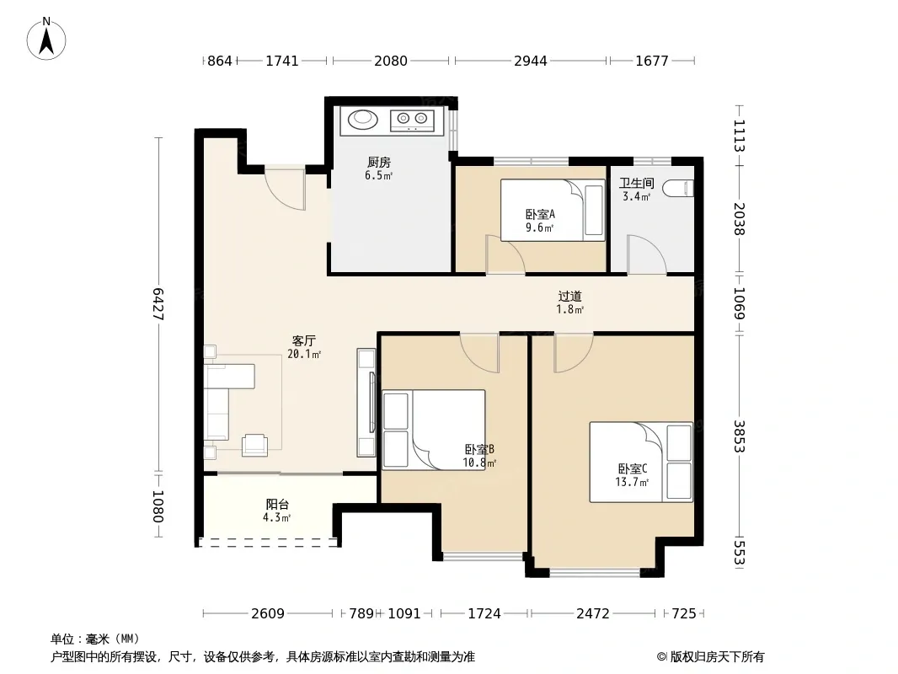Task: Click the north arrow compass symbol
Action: click(x=46, y=39)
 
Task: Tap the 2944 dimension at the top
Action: click(x=531, y=61)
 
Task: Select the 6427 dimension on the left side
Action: click(x=158, y=304)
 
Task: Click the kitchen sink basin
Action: click(x=363, y=119)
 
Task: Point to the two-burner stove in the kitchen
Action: click(x=412, y=120)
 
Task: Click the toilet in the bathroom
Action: click(x=679, y=189)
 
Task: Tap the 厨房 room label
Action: click(x=379, y=163)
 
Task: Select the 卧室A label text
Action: click(x=540, y=215)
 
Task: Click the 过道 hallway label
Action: click(x=569, y=296)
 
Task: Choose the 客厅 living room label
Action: click(x=303, y=340)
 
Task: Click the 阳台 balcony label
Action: click(x=277, y=505)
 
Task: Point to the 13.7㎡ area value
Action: click(x=632, y=482)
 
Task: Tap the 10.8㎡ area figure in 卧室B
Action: click(x=479, y=463)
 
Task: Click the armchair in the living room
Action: click(x=255, y=445)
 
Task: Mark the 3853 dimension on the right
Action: click(x=740, y=436)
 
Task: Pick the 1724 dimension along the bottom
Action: click(x=484, y=614)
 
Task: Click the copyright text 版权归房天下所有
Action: click(x=716, y=657)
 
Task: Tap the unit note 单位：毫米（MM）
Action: click(x=95, y=639)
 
